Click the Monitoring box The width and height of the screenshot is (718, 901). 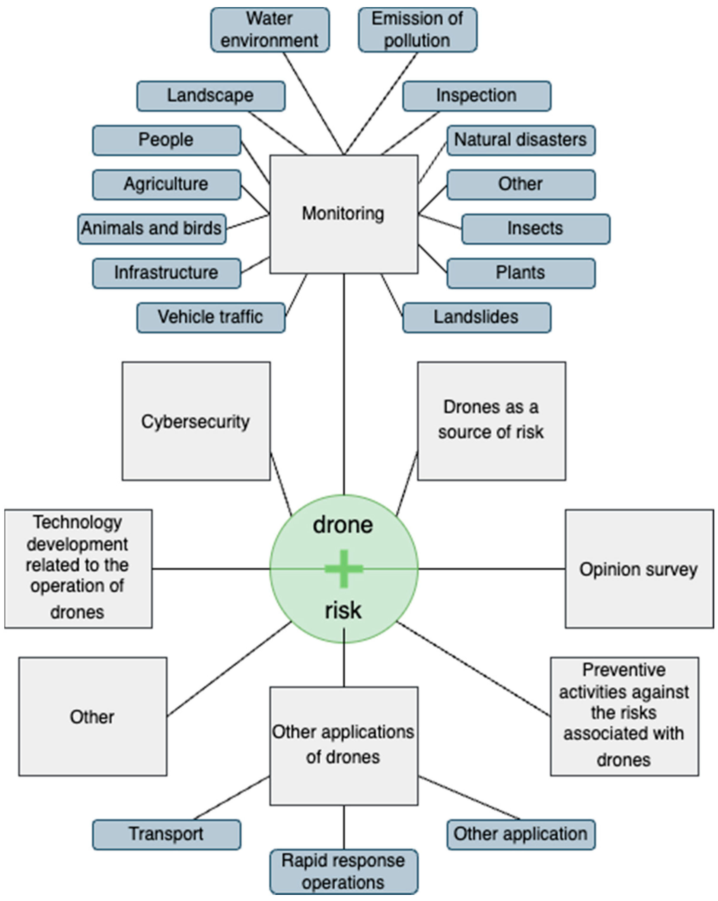[x=343, y=214]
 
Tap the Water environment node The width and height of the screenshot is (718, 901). [x=270, y=30]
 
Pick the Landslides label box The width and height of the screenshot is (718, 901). [x=476, y=317]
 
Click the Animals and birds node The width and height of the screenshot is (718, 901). [x=151, y=229]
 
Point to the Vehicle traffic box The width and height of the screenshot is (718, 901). [x=210, y=317]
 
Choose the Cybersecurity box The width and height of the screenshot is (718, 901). [x=196, y=421]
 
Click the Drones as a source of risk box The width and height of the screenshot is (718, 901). [x=491, y=421]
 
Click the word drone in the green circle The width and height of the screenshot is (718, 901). [x=343, y=525]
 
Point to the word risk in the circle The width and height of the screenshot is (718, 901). [x=343, y=610]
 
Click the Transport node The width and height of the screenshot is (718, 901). [x=166, y=834]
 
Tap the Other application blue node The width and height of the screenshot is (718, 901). [x=521, y=834]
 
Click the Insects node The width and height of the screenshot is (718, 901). [x=535, y=229]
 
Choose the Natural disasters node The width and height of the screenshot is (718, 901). [x=521, y=140]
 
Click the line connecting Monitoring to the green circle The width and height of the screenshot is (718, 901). [x=344, y=384]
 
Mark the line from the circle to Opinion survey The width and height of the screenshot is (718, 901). [x=491, y=569]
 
